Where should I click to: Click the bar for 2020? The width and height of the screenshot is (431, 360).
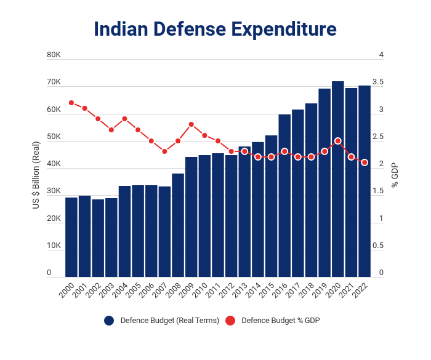point(338,178)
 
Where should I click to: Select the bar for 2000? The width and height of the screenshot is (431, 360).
point(71,237)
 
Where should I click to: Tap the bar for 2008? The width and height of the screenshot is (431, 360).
point(178,225)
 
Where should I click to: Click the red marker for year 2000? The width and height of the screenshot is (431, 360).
point(71,103)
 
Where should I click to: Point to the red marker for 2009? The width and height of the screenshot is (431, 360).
point(191,124)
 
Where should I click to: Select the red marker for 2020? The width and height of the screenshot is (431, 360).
point(338,141)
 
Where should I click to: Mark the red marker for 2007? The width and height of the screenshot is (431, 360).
point(164,151)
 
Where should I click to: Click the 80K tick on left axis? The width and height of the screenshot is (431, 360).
point(54,55)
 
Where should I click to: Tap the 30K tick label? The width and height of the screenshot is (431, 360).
point(54,191)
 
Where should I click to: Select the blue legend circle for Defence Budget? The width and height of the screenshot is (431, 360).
point(109,321)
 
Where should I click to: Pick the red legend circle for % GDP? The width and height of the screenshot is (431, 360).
point(230,321)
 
